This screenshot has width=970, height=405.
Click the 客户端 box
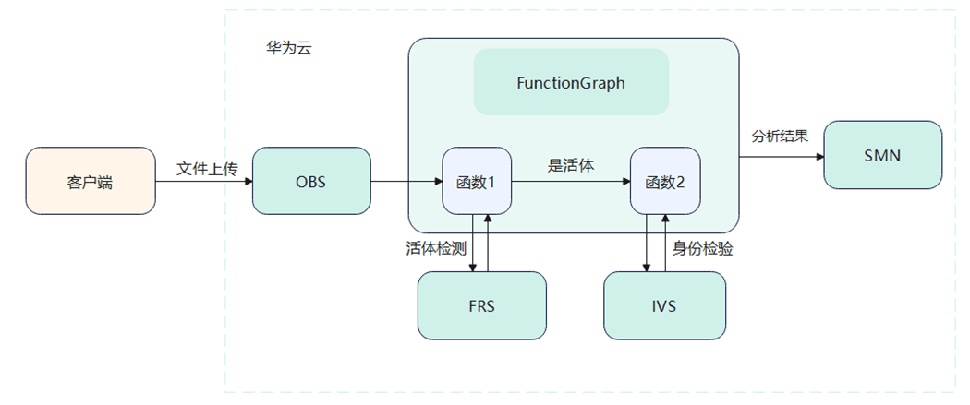tap(90, 181)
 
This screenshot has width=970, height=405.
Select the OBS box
tap(310, 181)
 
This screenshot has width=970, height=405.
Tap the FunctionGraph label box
tap(571, 82)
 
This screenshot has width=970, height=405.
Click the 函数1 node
tap(477, 181)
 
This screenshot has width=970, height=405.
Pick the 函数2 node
tap(664, 181)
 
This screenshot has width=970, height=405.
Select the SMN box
tap(882, 155)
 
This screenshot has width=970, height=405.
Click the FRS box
tap(481, 305)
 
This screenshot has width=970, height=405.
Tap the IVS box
tap(664, 305)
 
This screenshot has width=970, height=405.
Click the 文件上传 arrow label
tap(207, 169)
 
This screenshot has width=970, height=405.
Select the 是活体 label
tap(571, 166)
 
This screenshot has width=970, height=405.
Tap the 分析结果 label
tap(781, 136)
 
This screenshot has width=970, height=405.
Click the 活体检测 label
tap(434, 248)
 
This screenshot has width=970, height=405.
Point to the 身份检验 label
tap(703, 248)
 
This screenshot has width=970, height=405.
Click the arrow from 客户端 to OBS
tap(203, 182)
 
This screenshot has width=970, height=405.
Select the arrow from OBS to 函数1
tap(406, 182)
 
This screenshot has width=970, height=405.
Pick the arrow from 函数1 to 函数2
tap(571, 182)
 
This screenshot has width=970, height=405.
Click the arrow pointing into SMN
tap(782, 155)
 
